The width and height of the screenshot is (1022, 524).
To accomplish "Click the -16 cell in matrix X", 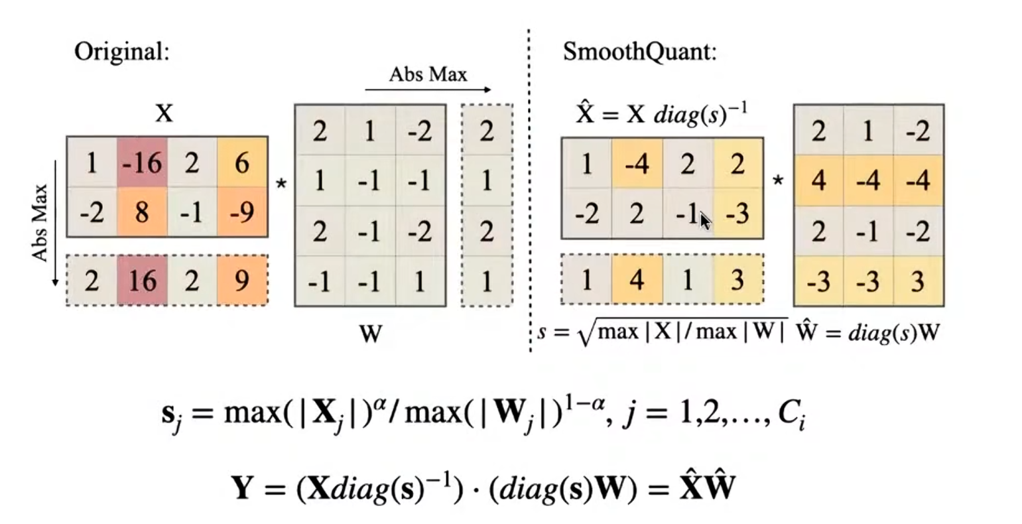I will pos(142,163).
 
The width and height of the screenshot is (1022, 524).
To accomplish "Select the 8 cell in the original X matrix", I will pos(142,213).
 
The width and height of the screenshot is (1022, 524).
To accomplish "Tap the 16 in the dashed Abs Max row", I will pos(142,281).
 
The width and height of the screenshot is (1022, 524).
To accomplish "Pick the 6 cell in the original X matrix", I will pos(242,163).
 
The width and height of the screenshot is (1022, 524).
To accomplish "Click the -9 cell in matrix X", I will pos(242,213).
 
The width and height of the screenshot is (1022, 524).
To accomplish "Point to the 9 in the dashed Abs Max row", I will pos(242,281).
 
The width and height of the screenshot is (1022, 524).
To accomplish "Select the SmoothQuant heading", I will pos(639,52).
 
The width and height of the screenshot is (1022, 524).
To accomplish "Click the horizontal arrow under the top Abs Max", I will pos(428,90).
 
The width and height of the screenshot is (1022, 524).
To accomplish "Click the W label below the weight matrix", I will pos(370,333).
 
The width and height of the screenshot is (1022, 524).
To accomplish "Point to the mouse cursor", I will pos(704,220).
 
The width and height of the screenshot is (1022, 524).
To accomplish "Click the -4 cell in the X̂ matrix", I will pos(637,164).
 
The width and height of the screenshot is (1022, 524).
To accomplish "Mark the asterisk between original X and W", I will pos(281,184).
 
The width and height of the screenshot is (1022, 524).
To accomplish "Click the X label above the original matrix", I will pos(164,114).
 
